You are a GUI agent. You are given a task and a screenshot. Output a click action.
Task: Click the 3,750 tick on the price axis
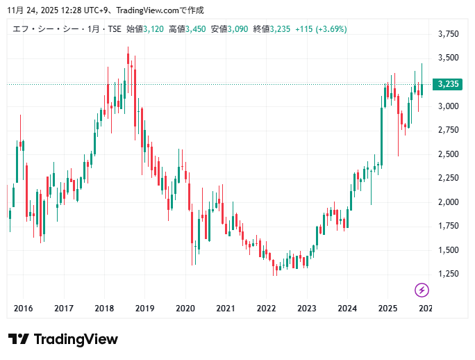(449, 34)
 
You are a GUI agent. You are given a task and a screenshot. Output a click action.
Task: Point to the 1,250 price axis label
(449, 274)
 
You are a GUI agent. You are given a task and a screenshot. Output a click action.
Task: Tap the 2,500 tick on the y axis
(449, 154)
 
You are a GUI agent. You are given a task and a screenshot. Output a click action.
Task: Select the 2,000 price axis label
(449, 202)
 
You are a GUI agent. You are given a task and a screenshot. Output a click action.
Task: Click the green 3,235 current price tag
(449, 84)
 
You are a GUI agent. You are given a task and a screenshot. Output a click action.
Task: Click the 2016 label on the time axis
(24, 308)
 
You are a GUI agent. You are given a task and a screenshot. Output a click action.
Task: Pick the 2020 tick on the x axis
(185, 308)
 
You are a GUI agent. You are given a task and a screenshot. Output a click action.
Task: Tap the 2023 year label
(306, 308)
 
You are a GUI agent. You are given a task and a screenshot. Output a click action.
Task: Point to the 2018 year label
(104, 308)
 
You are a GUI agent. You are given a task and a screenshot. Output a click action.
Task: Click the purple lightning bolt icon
(422, 290)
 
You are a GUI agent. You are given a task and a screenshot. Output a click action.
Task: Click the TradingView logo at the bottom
(62, 339)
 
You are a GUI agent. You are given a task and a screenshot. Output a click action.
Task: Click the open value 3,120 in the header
(153, 29)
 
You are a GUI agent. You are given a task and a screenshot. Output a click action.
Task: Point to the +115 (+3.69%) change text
(321, 29)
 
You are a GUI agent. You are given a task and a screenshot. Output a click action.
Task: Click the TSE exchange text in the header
(113, 29)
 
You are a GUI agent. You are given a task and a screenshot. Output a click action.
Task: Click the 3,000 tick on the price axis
(449, 106)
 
